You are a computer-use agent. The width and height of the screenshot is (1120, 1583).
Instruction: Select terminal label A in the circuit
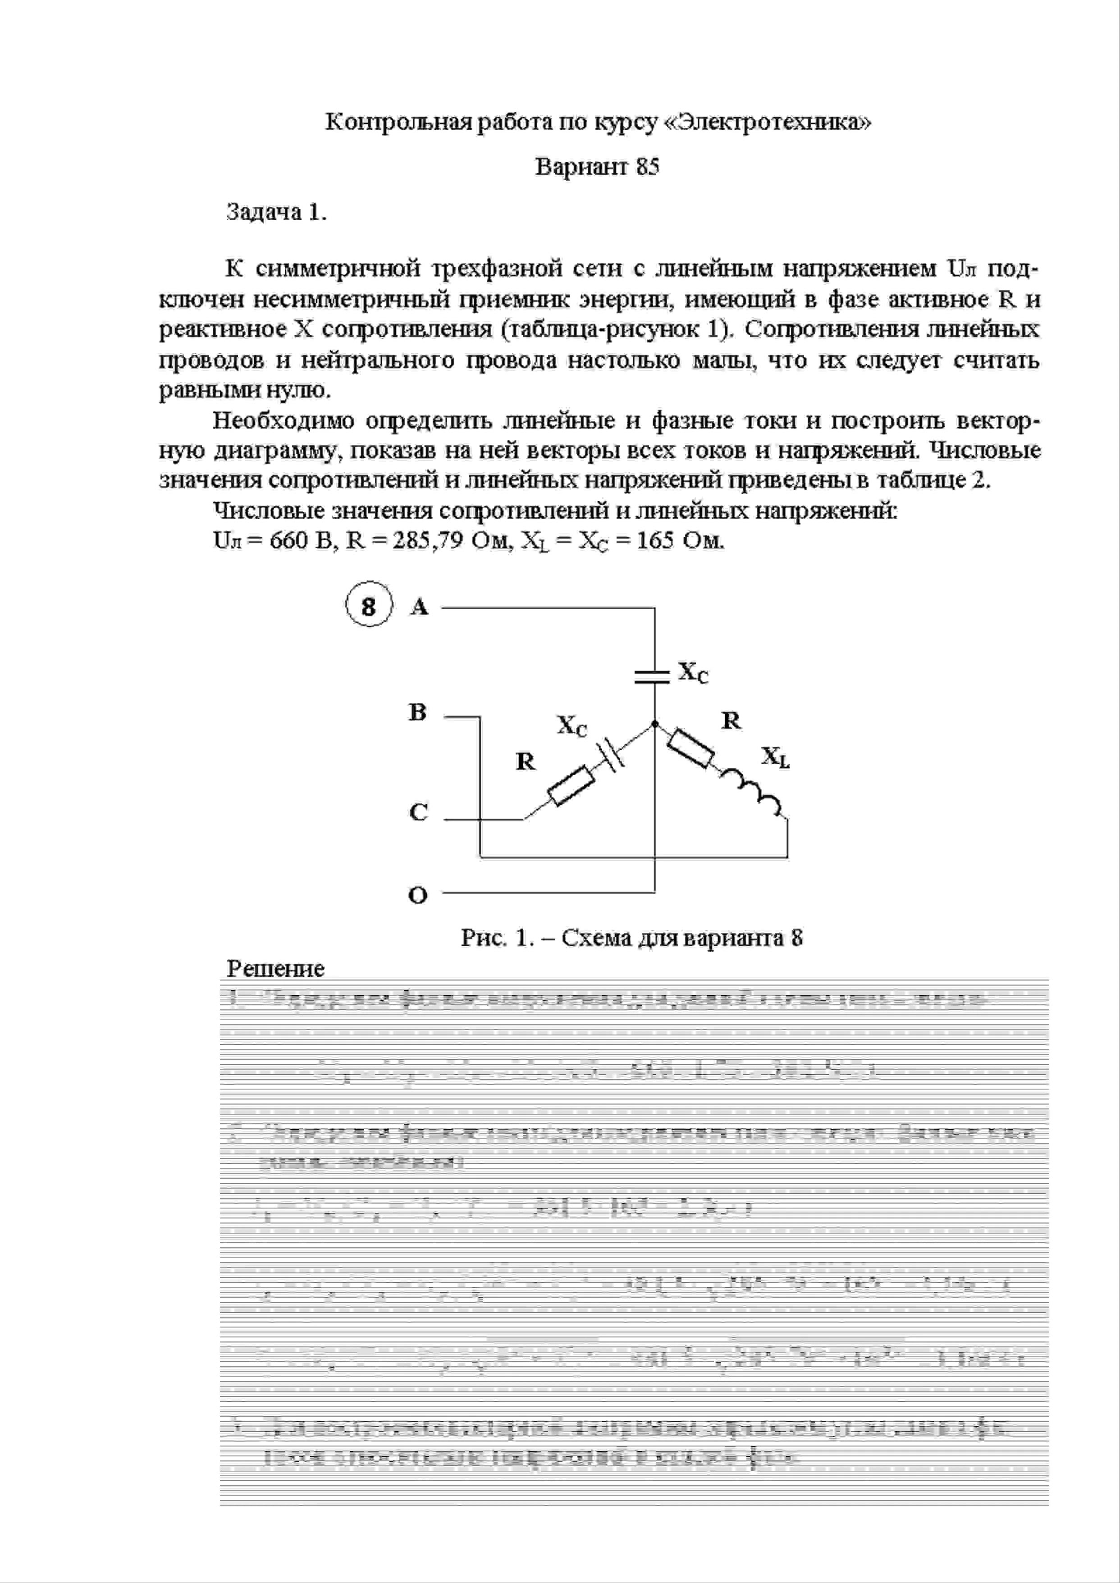[x=419, y=607]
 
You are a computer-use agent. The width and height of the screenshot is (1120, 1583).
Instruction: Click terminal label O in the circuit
[x=418, y=896]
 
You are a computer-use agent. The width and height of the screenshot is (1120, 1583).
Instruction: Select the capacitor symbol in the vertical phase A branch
[x=653, y=675]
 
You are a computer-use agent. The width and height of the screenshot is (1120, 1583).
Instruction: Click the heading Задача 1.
[x=276, y=212]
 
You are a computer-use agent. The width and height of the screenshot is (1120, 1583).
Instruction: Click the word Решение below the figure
[x=275, y=969]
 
